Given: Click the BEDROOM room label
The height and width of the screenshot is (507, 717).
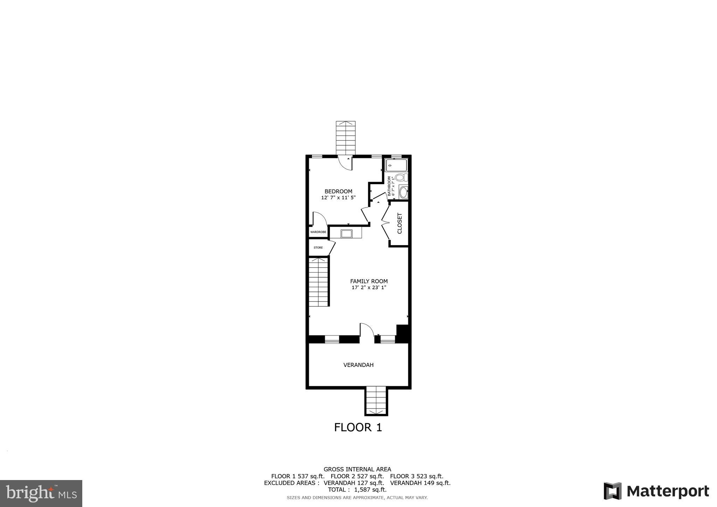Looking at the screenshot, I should pyautogui.click(x=338, y=191).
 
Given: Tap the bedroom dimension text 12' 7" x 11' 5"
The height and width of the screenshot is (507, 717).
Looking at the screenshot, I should pyautogui.click(x=338, y=197).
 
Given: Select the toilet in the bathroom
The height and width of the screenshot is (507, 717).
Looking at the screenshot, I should pyautogui.click(x=401, y=178).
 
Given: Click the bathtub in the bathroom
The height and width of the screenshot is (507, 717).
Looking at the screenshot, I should pyautogui.click(x=396, y=165).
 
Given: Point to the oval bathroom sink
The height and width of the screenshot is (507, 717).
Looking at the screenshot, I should pyautogui.click(x=403, y=192).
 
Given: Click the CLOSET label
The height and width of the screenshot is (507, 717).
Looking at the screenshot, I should pyautogui.click(x=399, y=223).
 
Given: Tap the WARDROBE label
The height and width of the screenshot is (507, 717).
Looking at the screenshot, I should pyautogui.click(x=318, y=232).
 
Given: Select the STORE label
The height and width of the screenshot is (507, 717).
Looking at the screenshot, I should pyautogui.click(x=318, y=248).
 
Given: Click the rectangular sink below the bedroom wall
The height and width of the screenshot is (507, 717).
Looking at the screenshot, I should pyautogui.click(x=346, y=234).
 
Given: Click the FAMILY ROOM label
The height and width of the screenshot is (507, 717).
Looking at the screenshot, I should pyautogui.click(x=369, y=281).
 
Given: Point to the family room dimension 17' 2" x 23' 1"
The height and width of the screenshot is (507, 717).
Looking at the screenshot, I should pyautogui.click(x=369, y=288).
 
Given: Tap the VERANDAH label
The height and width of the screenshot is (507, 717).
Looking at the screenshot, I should pyautogui.click(x=358, y=365).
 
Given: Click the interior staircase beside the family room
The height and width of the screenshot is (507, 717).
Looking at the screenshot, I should pyautogui.click(x=319, y=282).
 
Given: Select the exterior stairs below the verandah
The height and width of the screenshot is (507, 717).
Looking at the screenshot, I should pyautogui.click(x=376, y=401).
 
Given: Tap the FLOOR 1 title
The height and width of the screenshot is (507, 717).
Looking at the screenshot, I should pyautogui.click(x=358, y=427).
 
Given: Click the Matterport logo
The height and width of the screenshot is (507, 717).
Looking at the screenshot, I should pyautogui.click(x=656, y=491).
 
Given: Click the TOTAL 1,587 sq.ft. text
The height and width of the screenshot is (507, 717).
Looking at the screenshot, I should pyautogui.click(x=357, y=490).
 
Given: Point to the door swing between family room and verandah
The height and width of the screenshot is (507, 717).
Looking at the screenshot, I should pyautogui.click(x=367, y=330).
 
